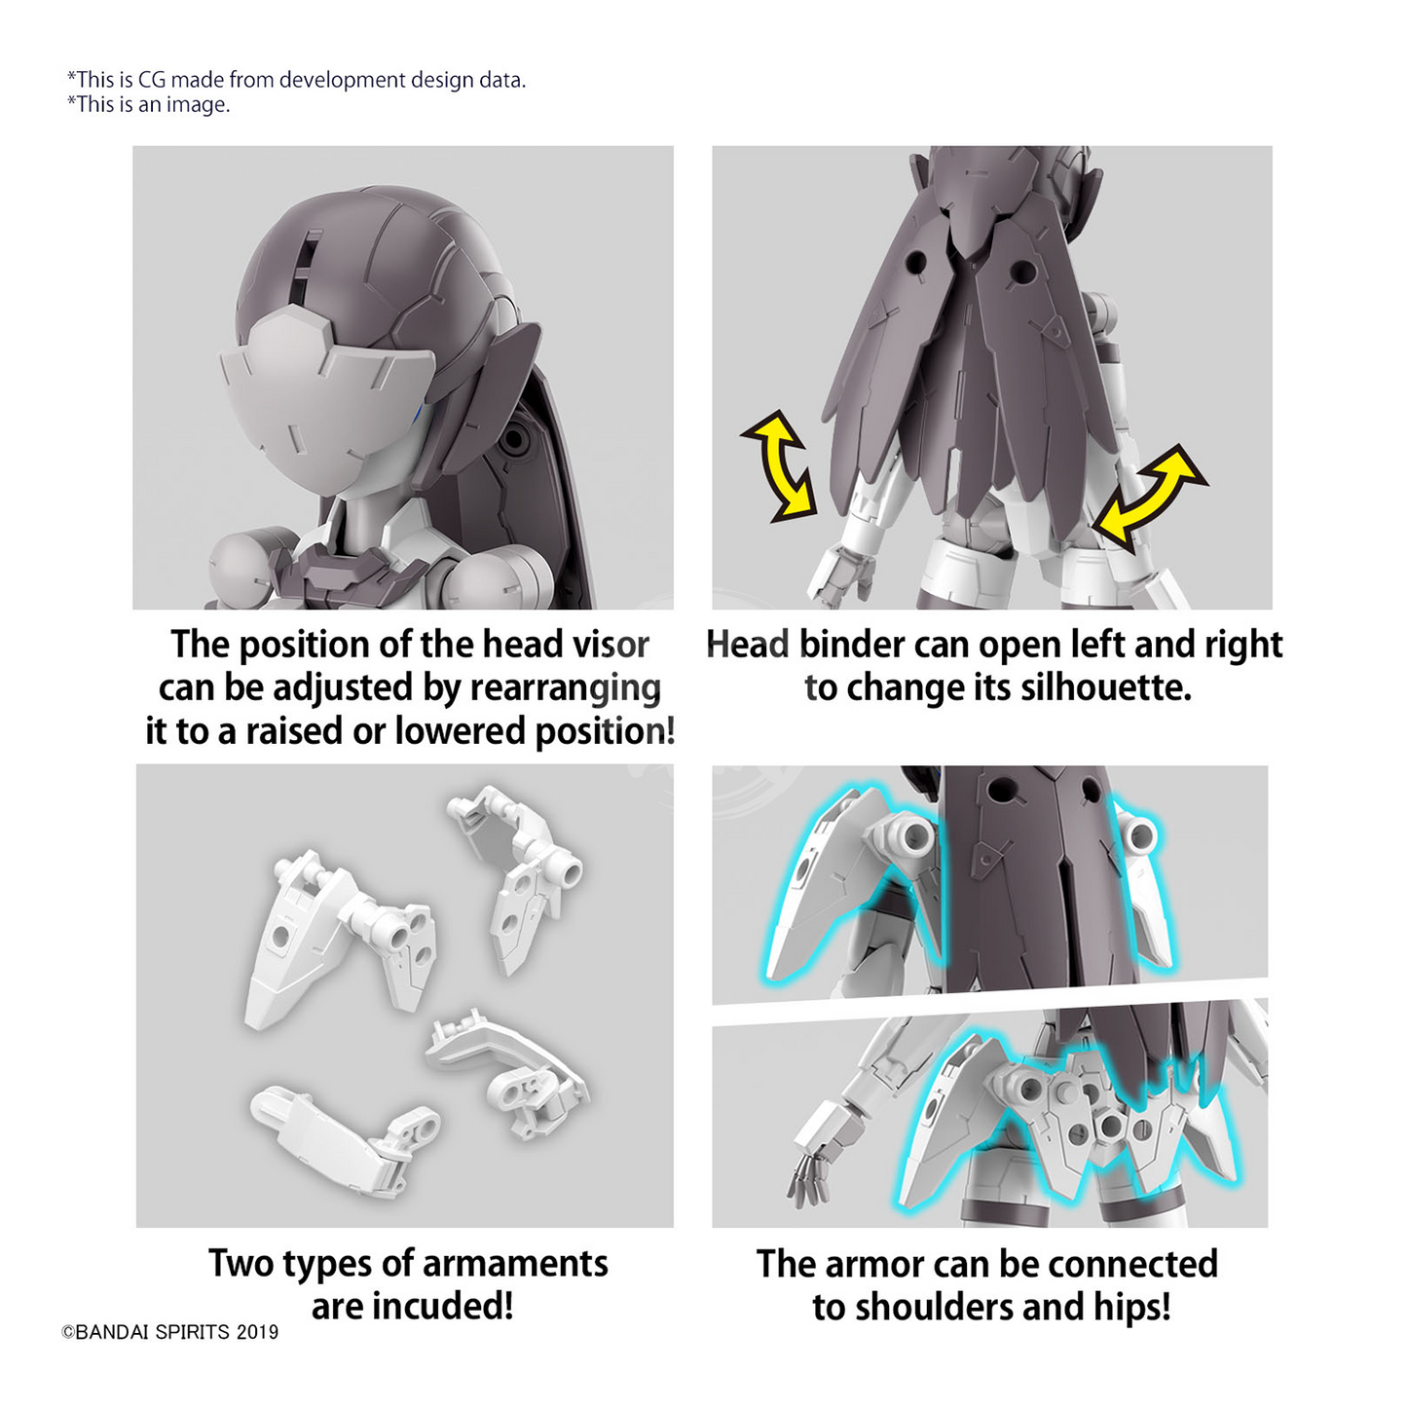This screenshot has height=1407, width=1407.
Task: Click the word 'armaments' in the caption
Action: [x=515, y=1263]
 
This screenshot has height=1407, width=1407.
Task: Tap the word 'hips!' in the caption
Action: [x=1132, y=1307]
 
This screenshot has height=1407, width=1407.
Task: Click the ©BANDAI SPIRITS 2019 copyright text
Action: [x=170, y=1332]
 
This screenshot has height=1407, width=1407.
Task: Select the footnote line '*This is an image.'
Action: [x=148, y=104]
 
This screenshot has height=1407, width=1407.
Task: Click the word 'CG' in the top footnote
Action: [x=152, y=80]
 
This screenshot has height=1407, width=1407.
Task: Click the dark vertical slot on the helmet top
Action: [x=308, y=270]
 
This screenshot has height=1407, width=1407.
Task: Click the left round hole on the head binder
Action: [x=916, y=263]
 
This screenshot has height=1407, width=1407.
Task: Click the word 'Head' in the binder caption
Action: [x=748, y=645]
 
